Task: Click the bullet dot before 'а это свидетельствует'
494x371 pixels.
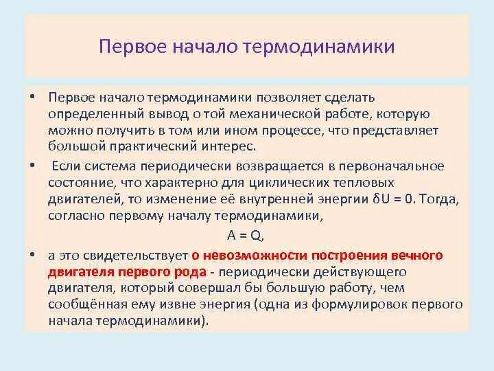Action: point(32,254)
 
